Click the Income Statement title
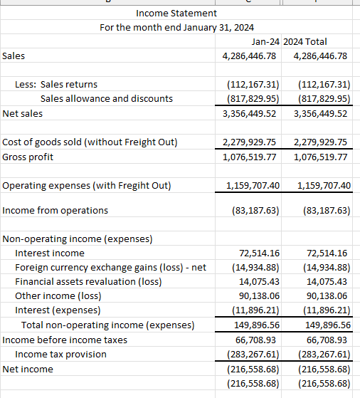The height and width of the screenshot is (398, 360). click(176, 14)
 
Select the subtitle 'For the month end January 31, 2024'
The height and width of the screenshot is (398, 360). click(176, 28)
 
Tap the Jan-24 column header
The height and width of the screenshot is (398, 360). click(265, 42)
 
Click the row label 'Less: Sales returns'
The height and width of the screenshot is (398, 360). click(56, 84)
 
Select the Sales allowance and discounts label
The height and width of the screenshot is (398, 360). click(106, 98)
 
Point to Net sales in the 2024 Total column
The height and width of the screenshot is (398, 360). click(320, 113)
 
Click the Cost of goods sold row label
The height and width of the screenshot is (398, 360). click(90, 142)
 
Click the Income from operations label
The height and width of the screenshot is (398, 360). click(55, 210)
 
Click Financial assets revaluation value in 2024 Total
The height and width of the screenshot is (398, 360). click(327, 282)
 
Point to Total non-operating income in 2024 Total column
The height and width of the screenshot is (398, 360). click(324, 325)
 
